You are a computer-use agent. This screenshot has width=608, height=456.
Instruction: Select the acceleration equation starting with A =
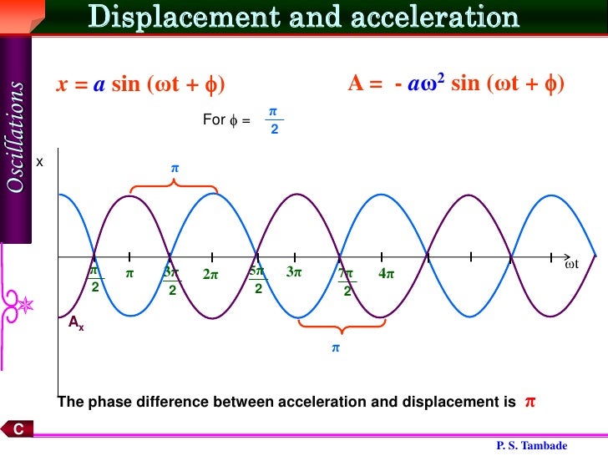tap(456, 84)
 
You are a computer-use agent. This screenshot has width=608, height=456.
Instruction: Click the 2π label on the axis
tap(210, 274)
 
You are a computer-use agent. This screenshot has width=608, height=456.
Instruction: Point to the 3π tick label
tap(293, 272)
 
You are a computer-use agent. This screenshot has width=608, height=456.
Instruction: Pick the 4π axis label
tap(386, 274)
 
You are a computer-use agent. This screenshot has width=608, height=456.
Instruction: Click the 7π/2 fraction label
tap(346, 281)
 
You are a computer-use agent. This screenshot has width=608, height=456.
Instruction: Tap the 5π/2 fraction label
tap(257, 280)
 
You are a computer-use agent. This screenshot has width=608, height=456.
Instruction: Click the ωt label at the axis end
tap(571, 264)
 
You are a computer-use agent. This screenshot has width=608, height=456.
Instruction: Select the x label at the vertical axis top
tap(39, 162)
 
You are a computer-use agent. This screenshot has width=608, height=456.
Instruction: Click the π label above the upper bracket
tap(175, 168)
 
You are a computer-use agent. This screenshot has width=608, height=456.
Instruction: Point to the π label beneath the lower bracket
tap(337, 347)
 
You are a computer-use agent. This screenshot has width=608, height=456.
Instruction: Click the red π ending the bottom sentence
tap(529, 402)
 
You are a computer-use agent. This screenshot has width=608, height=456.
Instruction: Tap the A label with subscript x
tap(76, 322)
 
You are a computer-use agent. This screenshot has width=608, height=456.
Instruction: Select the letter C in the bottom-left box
tap(17, 429)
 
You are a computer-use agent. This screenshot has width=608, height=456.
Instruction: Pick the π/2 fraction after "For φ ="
tap(273, 119)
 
